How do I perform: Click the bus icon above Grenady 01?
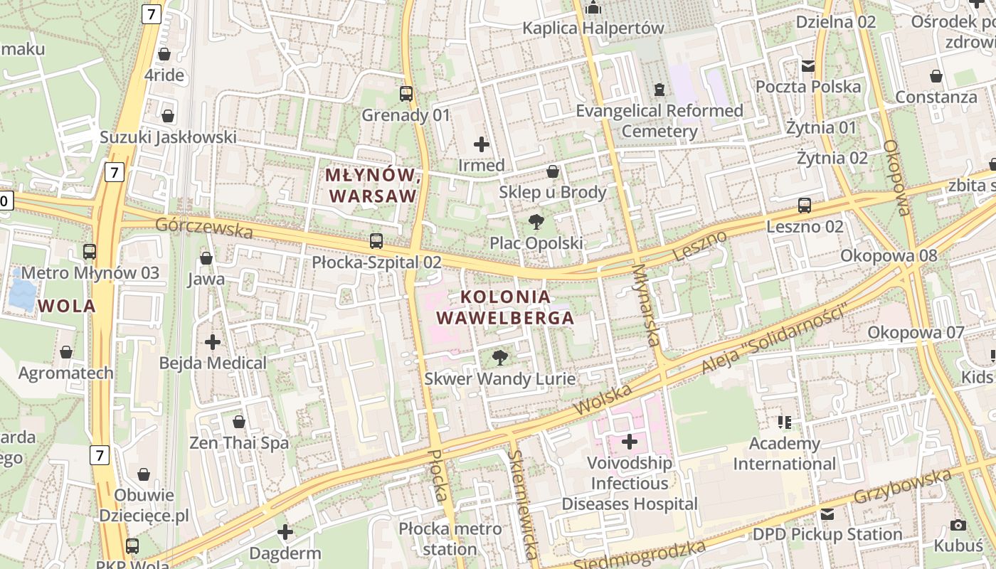click(406, 93)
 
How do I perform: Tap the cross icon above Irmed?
click(482, 144)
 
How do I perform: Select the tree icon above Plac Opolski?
click(536, 222)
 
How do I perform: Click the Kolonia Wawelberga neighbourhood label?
click(505, 307)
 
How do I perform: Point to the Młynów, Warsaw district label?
click(371, 185)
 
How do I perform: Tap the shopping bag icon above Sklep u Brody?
click(553, 171)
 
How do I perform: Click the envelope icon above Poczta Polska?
click(808, 65)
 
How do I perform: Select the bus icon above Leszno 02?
click(805, 206)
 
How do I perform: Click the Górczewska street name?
click(203, 228)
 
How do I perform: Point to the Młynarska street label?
click(646, 306)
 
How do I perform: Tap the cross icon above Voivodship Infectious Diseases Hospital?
click(630, 442)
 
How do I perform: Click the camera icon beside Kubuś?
click(958, 526)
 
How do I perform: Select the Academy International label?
click(785, 454)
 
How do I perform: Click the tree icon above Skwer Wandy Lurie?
click(500, 357)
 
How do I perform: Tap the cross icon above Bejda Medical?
click(213, 342)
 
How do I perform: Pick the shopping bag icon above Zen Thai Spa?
click(239, 422)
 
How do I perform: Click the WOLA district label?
click(67, 307)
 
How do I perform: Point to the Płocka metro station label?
click(450, 538)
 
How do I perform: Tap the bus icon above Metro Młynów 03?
click(90, 251)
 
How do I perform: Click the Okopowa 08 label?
click(888, 255)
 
